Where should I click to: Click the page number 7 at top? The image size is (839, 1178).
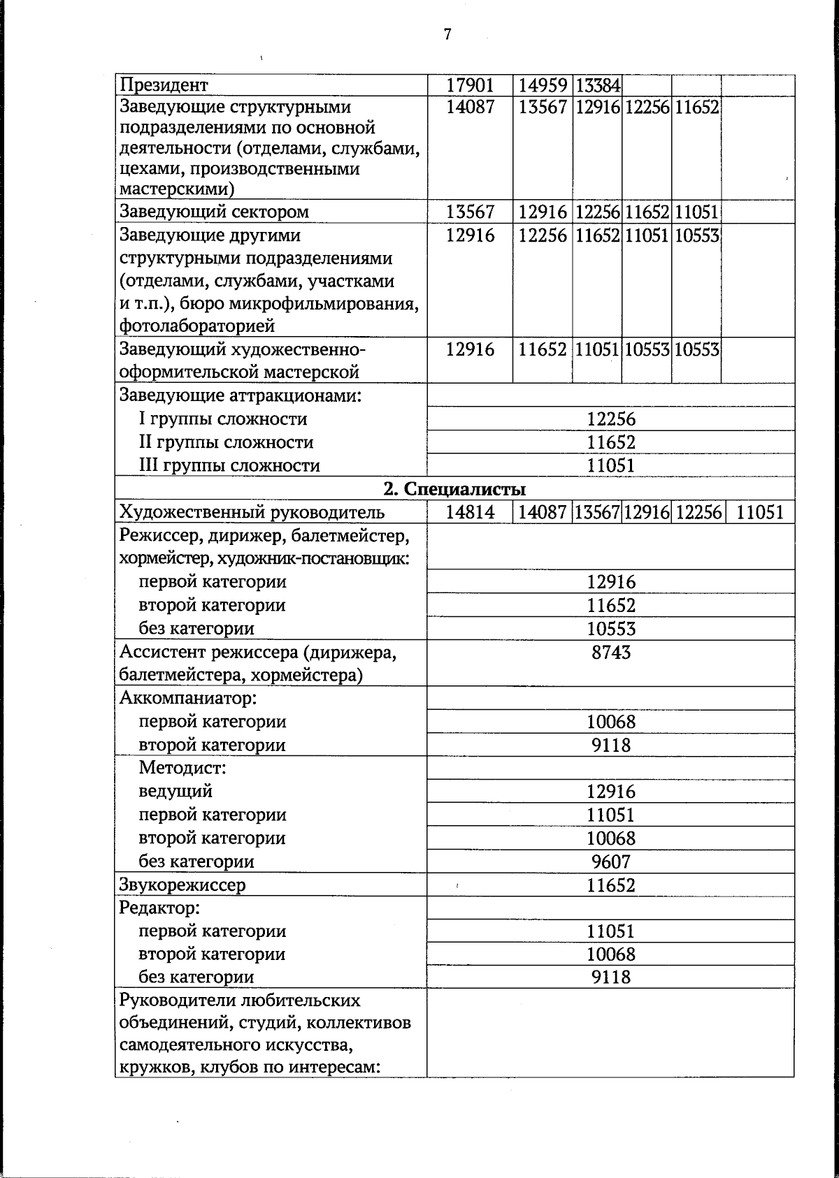click(x=447, y=34)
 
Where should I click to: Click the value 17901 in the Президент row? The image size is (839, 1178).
click(x=470, y=85)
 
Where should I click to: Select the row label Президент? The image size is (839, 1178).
click(x=164, y=85)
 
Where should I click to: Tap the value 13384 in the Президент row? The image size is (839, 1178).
click(x=598, y=86)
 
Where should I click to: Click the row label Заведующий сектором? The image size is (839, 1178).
click(x=214, y=212)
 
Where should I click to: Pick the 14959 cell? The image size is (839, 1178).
click(x=542, y=85)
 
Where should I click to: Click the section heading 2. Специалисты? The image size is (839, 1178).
click(x=455, y=489)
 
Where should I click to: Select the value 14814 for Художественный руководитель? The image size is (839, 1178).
click(x=470, y=513)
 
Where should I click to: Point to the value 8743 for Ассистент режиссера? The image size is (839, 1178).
click(x=610, y=653)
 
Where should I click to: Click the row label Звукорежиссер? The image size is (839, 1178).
click(x=182, y=885)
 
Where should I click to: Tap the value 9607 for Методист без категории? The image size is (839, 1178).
click(x=610, y=861)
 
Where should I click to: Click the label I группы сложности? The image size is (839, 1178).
click(x=222, y=419)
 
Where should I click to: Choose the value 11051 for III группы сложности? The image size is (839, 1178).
click(x=610, y=465)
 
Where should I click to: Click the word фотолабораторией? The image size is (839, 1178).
click(x=197, y=326)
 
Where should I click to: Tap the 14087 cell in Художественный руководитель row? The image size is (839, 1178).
click(x=542, y=513)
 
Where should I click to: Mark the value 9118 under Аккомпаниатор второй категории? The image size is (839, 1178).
click(x=610, y=746)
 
